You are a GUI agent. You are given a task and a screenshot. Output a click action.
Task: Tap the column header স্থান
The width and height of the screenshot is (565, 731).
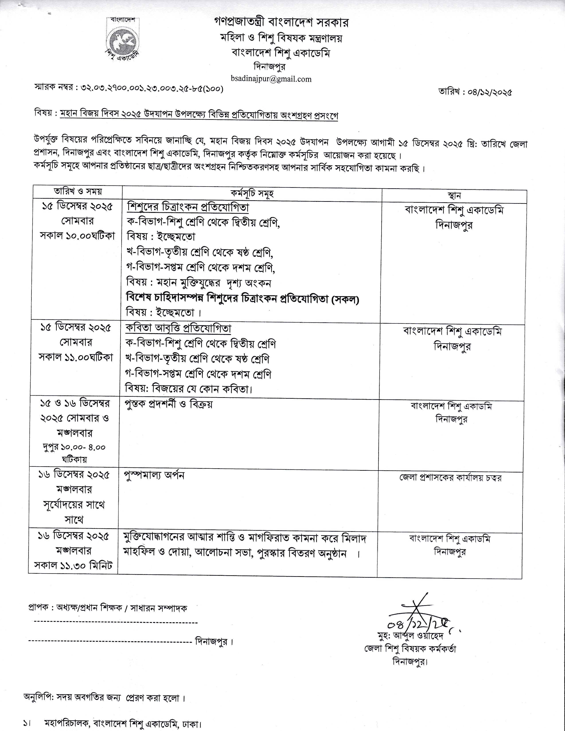click(x=454, y=195)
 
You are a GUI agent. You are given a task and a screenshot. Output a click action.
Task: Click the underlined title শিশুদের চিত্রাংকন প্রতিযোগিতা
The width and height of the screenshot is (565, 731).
click(x=188, y=208)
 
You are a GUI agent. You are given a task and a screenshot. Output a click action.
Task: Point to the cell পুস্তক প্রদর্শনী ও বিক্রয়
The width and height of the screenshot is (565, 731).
click(x=168, y=404)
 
